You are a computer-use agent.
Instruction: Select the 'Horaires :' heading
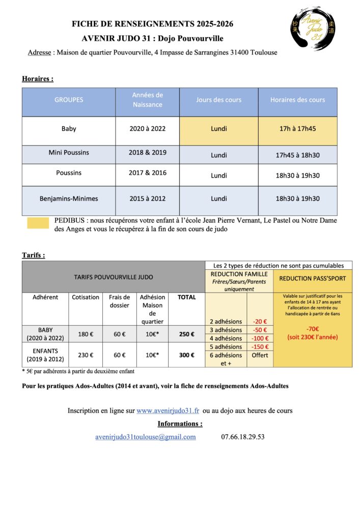click(x=38, y=79)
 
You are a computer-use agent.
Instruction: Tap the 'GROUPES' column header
click(x=69, y=100)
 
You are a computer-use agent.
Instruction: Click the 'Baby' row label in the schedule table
click(x=69, y=129)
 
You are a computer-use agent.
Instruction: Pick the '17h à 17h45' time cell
click(x=297, y=129)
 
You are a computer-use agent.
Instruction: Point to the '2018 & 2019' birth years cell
click(x=148, y=152)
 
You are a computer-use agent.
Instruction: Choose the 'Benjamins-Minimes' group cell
click(x=69, y=199)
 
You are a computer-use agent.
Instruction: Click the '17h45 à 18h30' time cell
click(x=297, y=155)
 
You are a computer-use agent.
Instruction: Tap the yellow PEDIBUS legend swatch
click(x=38, y=223)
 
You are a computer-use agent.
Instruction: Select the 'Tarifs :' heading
click(x=33, y=255)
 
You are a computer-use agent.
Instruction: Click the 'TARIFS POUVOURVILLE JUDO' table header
click(x=114, y=277)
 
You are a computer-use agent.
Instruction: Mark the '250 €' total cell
click(x=186, y=334)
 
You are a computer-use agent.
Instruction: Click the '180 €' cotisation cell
click(x=85, y=334)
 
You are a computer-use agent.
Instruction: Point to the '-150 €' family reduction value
click(x=260, y=347)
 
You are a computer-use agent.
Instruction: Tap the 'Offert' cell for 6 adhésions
click(x=260, y=355)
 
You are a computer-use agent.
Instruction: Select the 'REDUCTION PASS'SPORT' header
click(x=313, y=279)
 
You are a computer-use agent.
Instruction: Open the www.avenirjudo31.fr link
click(x=168, y=411)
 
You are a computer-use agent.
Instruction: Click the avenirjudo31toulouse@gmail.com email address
click(x=146, y=437)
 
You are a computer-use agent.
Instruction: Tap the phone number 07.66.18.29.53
click(x=243, y=437)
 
